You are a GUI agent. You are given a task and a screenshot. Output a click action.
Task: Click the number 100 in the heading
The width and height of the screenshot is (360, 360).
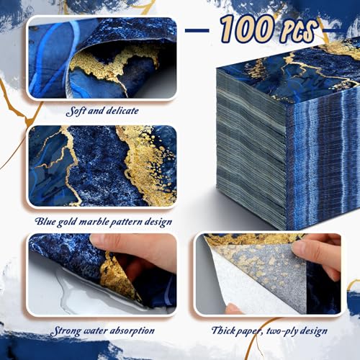pos(248,28)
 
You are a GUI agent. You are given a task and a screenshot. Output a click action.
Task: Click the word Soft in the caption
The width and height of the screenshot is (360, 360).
pos(76,111)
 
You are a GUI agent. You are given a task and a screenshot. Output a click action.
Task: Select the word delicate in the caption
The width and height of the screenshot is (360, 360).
pos(122,111)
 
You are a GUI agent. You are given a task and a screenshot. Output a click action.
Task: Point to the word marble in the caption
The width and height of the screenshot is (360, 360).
pos(92,221)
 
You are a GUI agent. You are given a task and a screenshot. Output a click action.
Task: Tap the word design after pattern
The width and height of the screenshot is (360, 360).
pos(158,222)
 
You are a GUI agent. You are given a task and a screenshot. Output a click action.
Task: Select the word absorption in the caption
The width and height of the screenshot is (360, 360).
pos(131,331)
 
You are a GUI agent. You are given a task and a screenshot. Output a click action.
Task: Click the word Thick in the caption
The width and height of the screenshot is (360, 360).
pos(222,330)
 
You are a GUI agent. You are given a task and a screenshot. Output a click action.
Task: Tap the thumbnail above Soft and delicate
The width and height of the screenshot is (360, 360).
pos(102,58)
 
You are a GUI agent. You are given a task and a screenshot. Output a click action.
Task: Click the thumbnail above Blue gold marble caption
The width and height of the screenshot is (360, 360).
pos(102,166)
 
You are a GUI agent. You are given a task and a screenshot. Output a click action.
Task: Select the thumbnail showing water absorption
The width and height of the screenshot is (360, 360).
pos(102,274)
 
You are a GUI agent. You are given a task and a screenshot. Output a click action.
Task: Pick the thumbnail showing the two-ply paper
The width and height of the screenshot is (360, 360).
pos(269,274)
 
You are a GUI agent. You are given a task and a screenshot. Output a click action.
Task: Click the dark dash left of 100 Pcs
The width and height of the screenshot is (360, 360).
pos(197,30)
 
